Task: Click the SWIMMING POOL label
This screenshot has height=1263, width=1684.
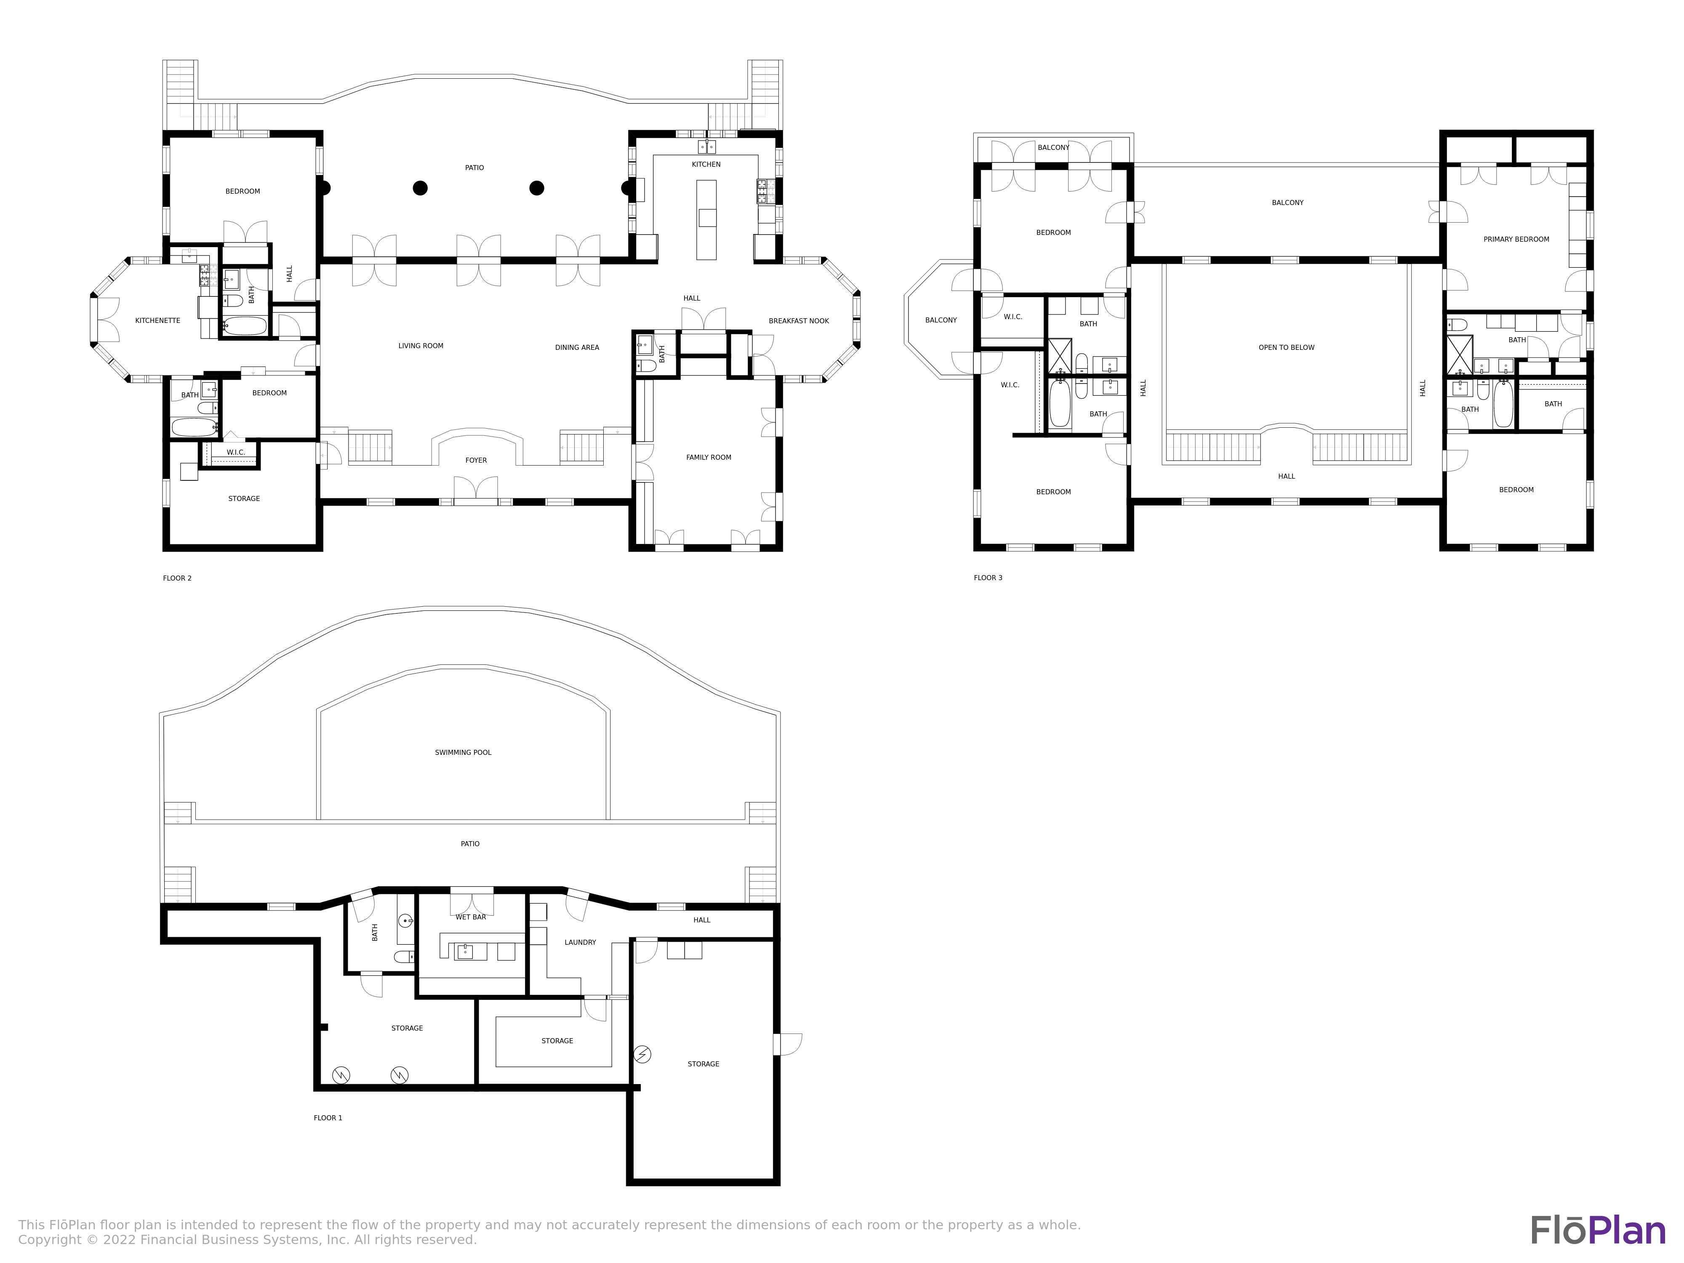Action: pos(463,753)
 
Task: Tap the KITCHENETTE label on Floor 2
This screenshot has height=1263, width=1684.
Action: pos(157,320)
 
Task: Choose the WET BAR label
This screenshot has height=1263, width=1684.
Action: pos(471,917)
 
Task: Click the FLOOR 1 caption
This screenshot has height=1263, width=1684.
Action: pos(328,1118)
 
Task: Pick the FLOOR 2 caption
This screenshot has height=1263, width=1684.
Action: pos(177,578)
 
